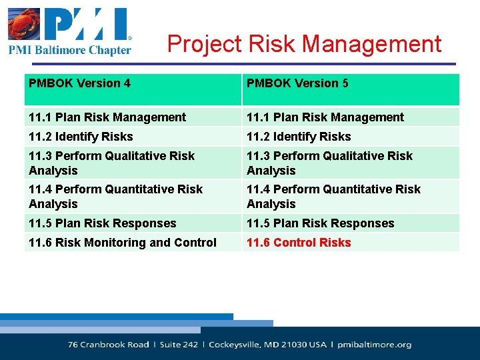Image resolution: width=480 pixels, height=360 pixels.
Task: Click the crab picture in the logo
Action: click(24, 24)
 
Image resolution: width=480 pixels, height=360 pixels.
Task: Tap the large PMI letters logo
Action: click(87, 24)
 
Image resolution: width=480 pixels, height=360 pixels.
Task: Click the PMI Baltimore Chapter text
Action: click(69, 50)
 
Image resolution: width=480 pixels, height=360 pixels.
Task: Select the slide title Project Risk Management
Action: click(304, 44)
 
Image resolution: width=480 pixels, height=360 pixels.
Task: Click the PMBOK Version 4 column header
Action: click(80, 83)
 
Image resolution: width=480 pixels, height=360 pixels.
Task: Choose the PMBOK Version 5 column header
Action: click(297, 83)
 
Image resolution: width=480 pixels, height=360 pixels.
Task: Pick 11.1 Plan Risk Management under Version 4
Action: click(107, 117)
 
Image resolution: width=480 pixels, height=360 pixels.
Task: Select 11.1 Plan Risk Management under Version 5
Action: click(325, 117)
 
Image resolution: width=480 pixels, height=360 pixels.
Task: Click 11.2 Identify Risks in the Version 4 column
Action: click(81, 137)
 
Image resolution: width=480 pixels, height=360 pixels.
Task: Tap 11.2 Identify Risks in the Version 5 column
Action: click(299, 137)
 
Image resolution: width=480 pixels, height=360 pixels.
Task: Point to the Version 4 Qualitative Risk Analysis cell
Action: click(111, 163)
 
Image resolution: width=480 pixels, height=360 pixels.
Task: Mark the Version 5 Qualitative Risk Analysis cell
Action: click(329, 163)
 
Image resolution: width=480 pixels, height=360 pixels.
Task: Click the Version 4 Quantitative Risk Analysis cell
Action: click(115, 197)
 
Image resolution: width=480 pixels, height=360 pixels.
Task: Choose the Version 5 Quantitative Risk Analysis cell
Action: click(333, 197)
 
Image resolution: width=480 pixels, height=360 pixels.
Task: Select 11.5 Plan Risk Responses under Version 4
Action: click(103, 223)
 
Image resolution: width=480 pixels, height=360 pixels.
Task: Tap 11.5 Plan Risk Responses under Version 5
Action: click(321, 223)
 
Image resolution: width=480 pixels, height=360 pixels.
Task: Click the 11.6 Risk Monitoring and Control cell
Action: click(123, 243)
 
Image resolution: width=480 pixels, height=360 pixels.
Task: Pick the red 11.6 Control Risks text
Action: click(299, 243)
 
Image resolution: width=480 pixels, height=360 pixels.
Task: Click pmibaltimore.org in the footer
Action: click(375, 345)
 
